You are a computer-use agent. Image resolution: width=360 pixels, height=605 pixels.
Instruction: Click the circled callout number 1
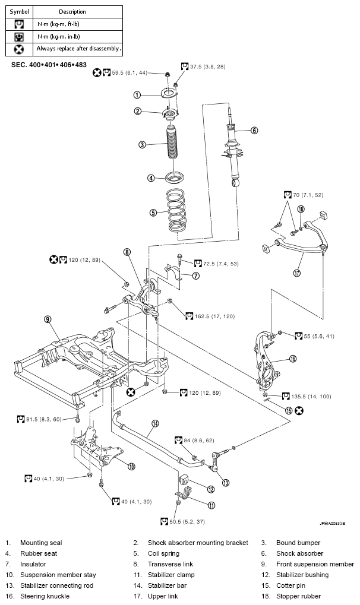[137, 94]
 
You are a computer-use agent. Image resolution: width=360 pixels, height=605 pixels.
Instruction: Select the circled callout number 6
[254, 131]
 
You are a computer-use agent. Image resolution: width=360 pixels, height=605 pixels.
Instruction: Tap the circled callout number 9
[48, 319]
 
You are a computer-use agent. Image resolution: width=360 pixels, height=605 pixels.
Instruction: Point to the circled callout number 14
[155, 424]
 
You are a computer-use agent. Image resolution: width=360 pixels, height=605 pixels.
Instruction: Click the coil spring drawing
[175, 210]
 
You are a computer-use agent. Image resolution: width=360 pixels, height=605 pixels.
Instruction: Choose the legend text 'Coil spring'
[163, 553]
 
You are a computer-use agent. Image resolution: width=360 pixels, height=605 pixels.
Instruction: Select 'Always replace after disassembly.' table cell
[78, 49]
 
